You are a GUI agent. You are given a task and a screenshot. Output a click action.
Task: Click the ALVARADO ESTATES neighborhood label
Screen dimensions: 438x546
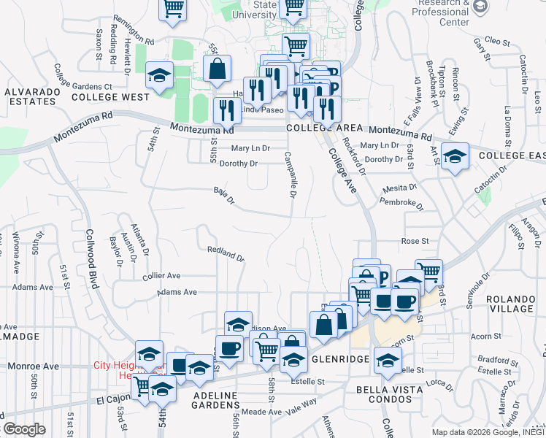[30, 96]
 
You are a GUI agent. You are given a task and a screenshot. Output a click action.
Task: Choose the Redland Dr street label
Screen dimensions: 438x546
[225, 253]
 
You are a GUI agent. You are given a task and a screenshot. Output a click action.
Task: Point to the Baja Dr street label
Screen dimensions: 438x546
[223, 196]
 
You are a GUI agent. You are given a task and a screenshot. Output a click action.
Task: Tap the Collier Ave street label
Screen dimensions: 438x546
[161, 276]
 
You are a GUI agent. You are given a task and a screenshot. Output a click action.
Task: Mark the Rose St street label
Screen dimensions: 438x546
[414, 241]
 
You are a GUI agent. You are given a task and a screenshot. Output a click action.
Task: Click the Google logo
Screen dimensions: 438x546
[25, 429]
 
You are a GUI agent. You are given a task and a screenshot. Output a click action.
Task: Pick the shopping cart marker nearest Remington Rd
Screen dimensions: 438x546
[173, 9]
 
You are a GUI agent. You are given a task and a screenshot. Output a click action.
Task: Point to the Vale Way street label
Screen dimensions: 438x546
[300, 402]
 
